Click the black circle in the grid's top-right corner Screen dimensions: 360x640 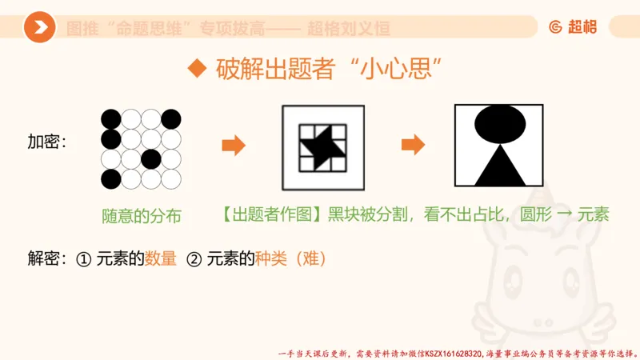coord(171,119)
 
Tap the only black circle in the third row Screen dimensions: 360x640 coord(151,158)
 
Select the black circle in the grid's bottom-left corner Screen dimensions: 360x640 coord(111,178)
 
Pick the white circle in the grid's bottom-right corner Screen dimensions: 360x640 coord(171,178)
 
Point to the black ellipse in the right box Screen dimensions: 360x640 coord(502,122)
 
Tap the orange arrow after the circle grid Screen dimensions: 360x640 coord(233,146)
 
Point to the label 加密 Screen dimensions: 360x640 coord(46,142)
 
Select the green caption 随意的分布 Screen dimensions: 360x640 coord(142,215)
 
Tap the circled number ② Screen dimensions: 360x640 coord(194,259)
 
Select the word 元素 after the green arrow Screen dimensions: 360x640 coord(593,215)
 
